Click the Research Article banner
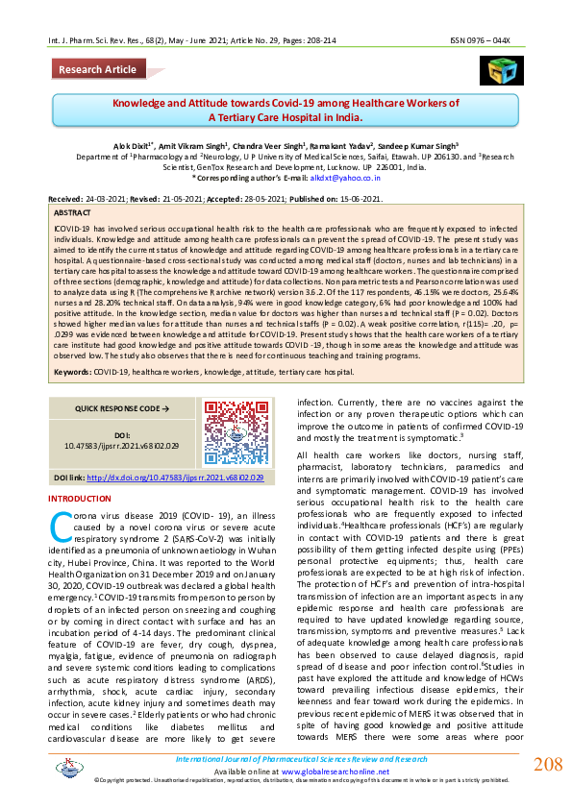98,70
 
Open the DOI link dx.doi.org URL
175,478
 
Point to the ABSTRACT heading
73,210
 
